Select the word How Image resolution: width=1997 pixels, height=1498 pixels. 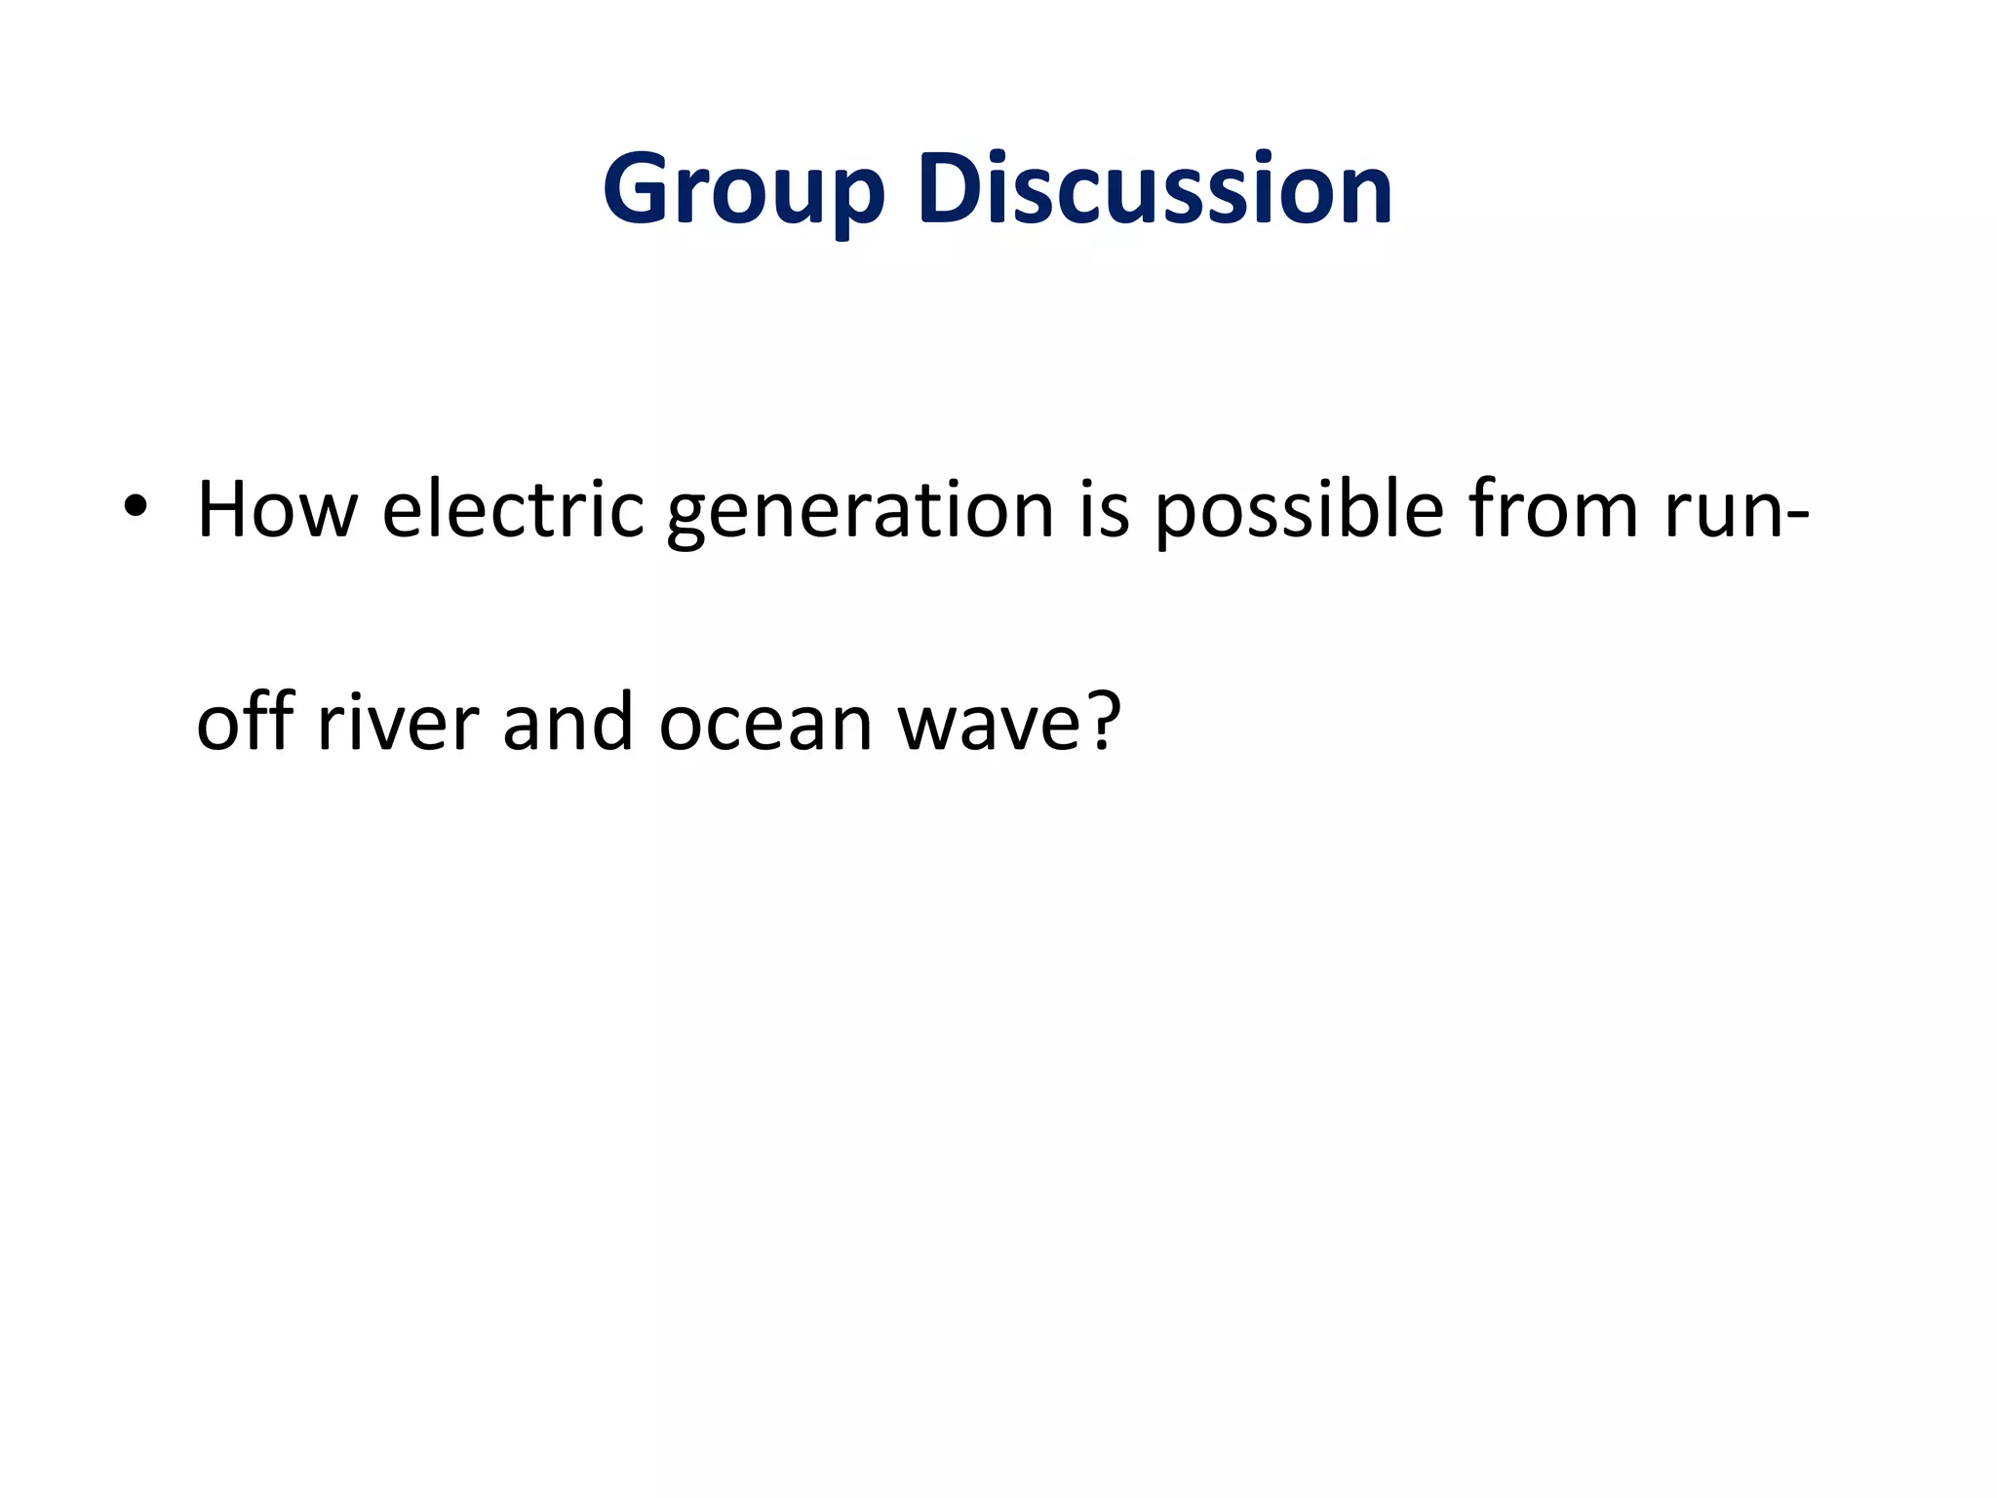[277, 509]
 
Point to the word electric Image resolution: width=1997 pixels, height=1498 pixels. [513, 509]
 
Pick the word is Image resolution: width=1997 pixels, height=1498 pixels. [1104, 509]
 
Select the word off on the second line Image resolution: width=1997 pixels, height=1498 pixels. [245, 722]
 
